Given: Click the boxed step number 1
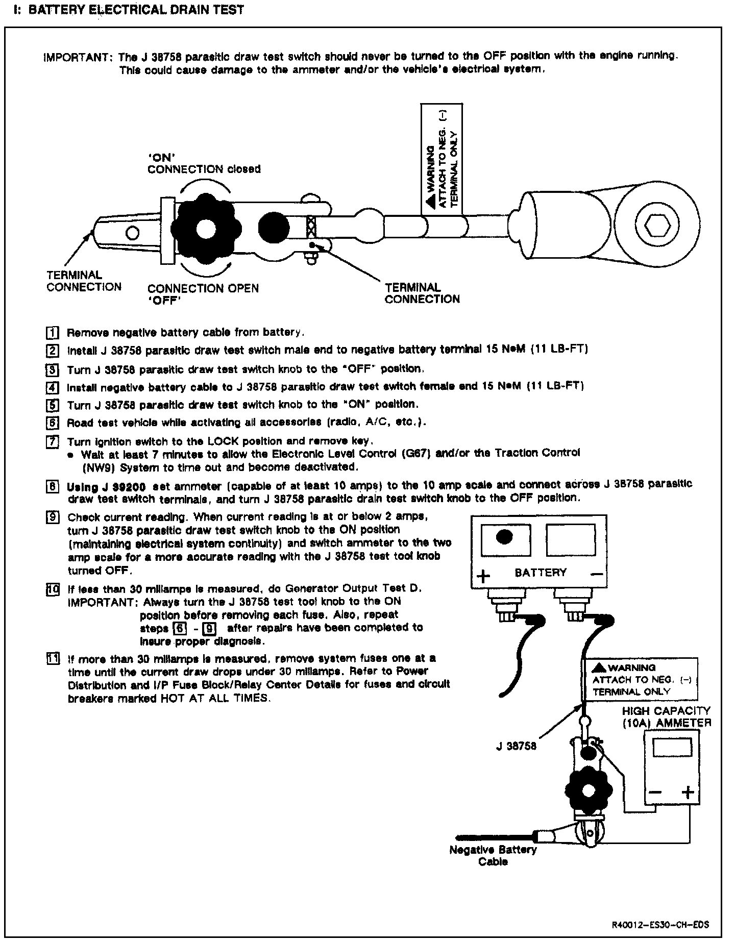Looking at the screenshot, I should tap(52, 333).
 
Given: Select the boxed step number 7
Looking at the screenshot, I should tap(52, 442).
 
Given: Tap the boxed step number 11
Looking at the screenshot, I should tap(52, 658).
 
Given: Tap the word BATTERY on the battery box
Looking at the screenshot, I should tap(541, 573).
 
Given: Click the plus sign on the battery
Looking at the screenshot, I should tap(483, 576).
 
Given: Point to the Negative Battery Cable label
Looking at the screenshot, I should tap(493, 856).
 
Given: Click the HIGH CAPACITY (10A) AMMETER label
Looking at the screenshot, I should tap(666, 716).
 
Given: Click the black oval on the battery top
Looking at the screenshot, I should tap(504, 537).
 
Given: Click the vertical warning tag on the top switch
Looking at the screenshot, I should tap(442, 159).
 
